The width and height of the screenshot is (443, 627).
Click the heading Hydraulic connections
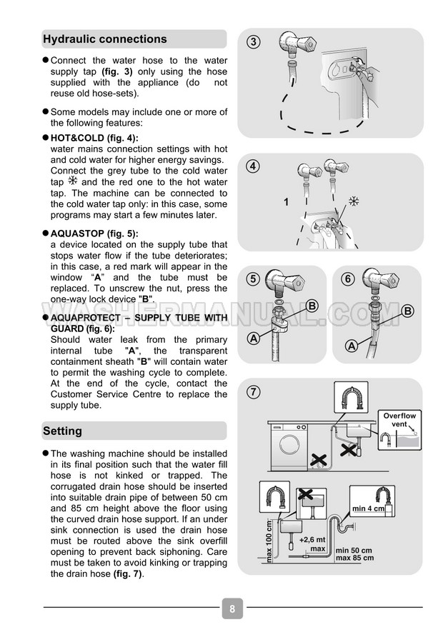[105, 39]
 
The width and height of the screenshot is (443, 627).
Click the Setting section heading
[63, 431]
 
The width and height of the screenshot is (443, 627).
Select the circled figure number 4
[252, 166]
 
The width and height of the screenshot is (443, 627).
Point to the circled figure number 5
[252, 279]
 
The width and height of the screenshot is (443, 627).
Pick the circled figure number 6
[348, 279]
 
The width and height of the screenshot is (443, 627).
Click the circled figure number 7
[252, 391]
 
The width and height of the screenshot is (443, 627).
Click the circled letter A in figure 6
[352, 346]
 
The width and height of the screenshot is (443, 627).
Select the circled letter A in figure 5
[253, 339]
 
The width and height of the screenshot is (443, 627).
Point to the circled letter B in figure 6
[408, 311]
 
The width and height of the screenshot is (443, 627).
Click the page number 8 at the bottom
[232, 608]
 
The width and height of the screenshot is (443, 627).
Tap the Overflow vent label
[399, 420]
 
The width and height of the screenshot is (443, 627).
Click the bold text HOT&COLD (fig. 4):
[94, 138]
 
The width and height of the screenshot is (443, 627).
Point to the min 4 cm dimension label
[369, 509]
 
